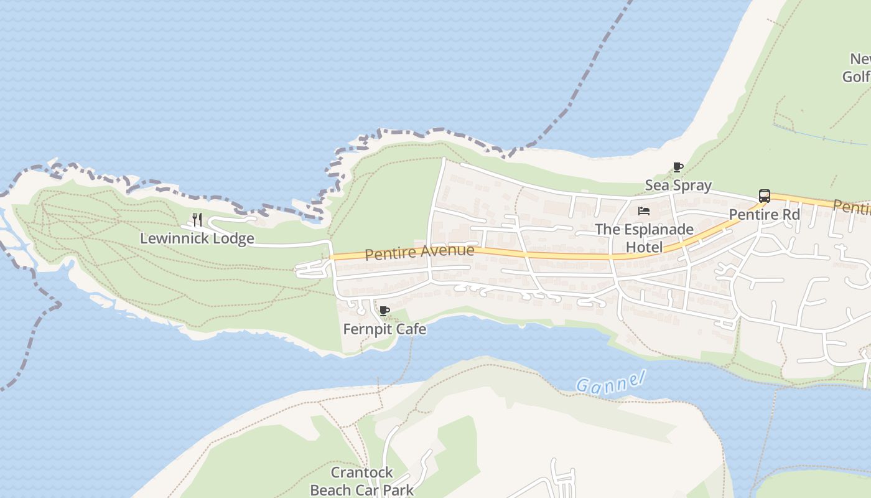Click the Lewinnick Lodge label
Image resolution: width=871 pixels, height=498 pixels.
coord(197,238)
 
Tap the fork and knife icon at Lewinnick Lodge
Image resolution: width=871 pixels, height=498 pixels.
coord(197,219)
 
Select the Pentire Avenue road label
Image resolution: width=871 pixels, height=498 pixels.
coord(419,252)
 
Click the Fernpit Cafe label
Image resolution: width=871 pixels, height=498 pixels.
coord(384,329)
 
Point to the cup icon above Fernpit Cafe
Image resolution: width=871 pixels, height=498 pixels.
coord(384,311)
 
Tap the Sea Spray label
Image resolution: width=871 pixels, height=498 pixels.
coord(678,186)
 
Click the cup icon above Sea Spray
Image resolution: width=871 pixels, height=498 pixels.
coord(678,167)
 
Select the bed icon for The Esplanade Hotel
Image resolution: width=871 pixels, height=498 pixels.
coord(644,211)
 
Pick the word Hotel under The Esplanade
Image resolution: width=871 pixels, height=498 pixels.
coord(644,247)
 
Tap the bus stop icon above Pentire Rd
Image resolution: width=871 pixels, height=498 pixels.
coord(765,196)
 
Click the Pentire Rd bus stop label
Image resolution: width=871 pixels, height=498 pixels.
coord(764,215)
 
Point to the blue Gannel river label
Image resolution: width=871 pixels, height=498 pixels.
coord(610,381)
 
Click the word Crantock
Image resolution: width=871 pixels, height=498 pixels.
coord(361,472)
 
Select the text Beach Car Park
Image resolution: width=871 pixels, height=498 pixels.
coord(361,490)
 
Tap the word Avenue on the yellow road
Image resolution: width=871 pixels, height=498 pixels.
coord(447,251)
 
